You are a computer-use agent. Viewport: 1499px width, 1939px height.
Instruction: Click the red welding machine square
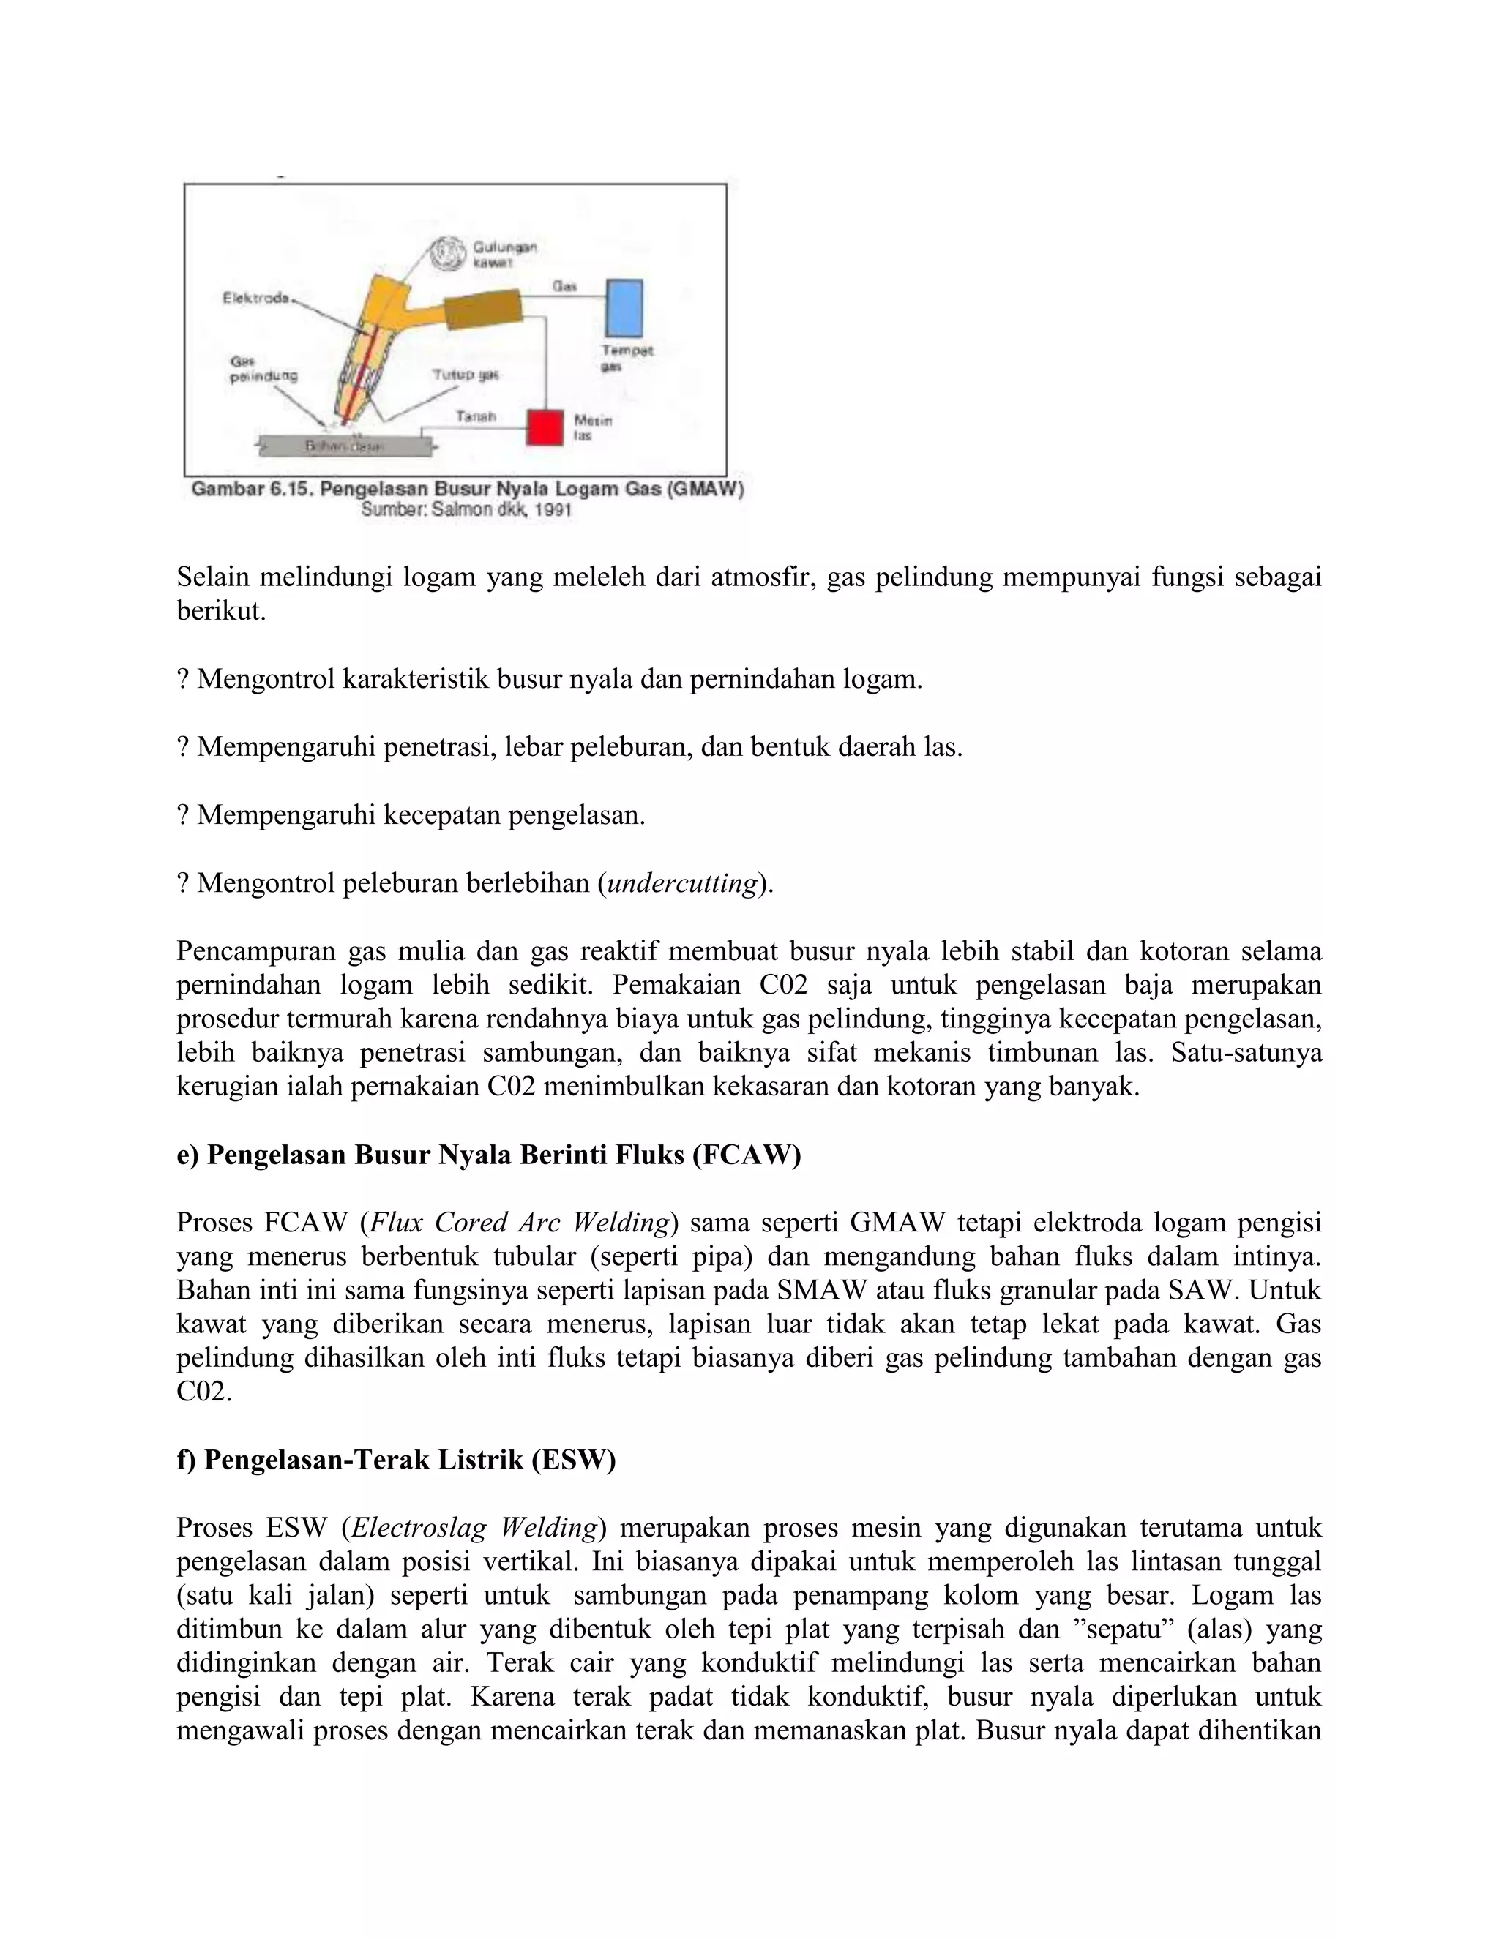(x=545, y=427)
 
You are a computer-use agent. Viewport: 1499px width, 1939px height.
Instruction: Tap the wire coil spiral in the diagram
(x=446, y=254)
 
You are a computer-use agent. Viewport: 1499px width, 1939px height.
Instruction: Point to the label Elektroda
(x=255, y=299)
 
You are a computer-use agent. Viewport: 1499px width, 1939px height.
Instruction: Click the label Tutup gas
(x=466, y=375)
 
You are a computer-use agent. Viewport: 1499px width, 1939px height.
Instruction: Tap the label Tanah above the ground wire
(x=475, y=416)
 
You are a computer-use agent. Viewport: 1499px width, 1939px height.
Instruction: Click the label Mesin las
(x=592, y=427)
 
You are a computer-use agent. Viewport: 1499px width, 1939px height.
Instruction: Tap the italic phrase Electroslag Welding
(x=474, y=1528)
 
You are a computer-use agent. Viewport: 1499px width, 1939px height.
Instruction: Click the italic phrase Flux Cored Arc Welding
(x=519, y=1223)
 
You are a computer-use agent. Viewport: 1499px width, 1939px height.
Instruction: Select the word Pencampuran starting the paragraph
(x=253, y=951)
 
